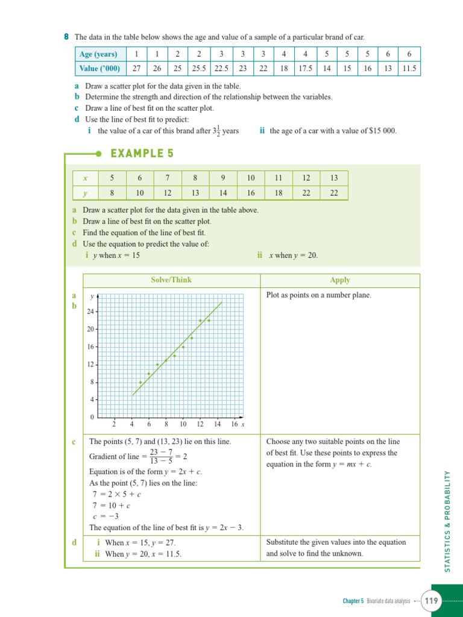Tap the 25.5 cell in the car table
point(199,68)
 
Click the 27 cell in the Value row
point(136,68)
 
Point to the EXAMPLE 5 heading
point(142,154)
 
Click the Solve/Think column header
point(171,280)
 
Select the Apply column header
point(339,280)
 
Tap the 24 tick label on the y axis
point(90,312)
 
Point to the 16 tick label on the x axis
point(234,424)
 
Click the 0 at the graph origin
point(92,418)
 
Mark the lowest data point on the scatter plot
point(140,382)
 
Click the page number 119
point(432,601)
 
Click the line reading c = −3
point(104,516)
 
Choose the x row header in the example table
point(85,178)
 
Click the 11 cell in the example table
point(278,178)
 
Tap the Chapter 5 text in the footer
point(353,601)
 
